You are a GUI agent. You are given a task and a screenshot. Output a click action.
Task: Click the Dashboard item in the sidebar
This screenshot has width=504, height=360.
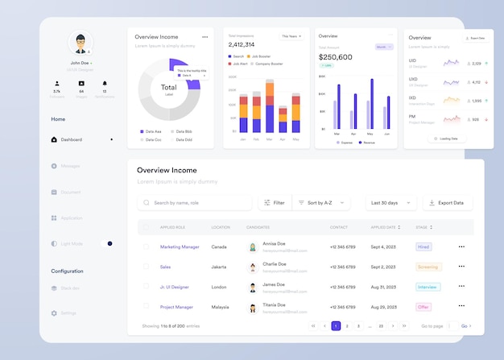71,139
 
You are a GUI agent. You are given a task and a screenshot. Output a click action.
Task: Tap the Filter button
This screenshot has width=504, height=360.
274,203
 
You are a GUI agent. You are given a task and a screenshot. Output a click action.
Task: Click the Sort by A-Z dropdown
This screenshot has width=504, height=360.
320,203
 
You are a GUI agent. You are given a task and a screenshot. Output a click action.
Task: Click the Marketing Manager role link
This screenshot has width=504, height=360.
180,246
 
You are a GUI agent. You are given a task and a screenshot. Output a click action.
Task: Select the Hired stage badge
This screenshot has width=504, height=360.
423,246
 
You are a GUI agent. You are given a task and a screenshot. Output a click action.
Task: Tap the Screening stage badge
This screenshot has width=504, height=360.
428,267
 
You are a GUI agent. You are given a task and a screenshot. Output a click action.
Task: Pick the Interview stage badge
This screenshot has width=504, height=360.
428,287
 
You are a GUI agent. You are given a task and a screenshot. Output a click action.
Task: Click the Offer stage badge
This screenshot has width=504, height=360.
423,307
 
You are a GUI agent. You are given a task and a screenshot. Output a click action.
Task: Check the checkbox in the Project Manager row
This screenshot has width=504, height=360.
146,306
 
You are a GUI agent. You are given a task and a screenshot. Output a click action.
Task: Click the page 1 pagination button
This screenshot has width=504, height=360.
336,326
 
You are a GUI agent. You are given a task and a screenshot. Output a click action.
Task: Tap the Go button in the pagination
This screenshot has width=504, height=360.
465,326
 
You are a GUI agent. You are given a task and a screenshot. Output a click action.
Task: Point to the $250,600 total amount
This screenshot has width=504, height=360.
335,57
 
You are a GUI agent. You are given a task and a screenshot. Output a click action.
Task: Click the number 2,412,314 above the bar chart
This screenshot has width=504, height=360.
242,45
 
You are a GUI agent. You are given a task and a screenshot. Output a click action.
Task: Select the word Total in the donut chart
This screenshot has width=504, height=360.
168,87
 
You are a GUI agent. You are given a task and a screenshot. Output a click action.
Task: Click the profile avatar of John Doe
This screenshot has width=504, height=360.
80,43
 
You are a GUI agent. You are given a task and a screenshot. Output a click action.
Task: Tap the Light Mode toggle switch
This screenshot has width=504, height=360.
109,243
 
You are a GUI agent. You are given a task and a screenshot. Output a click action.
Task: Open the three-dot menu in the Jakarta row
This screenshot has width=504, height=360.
461,267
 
